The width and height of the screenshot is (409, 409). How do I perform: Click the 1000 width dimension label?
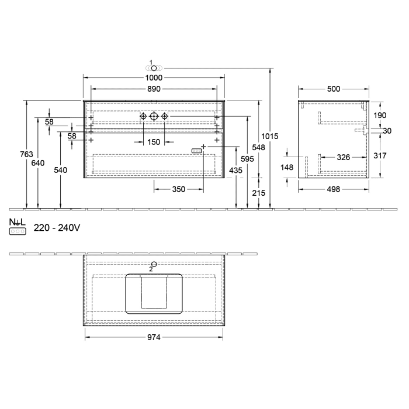154,78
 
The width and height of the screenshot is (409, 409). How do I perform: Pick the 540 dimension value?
60,170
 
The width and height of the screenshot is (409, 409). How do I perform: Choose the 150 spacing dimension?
154,142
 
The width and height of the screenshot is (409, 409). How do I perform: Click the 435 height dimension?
236,169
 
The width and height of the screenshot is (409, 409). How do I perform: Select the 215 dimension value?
259,193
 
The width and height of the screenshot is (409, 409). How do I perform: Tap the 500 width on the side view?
333,89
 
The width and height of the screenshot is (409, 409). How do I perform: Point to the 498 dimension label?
333,189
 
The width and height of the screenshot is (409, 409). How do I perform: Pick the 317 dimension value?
380,155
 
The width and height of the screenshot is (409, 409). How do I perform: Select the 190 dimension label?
380,115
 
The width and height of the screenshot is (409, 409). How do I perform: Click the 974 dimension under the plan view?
154,337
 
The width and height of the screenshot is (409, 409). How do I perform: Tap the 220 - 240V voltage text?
56,228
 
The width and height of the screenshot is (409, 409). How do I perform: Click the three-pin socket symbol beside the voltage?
18,231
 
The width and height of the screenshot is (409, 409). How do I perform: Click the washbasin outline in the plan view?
154,293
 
